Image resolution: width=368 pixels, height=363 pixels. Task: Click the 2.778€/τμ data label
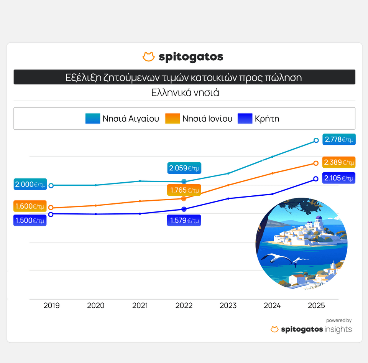coord(339,140)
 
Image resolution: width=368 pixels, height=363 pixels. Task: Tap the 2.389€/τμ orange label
coord(339,162)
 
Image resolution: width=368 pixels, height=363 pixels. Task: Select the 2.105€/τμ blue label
coord(339,178)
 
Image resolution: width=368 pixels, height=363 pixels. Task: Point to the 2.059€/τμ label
coord(184,168)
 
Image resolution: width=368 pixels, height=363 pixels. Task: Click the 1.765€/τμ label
coord(184,190)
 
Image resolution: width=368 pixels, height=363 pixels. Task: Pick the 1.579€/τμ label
coord(184,221)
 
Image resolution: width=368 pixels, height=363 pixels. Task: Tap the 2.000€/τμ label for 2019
coord(30,185)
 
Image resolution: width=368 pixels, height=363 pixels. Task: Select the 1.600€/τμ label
coord(30,206)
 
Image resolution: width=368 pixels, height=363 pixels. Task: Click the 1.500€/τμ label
coord(30,221)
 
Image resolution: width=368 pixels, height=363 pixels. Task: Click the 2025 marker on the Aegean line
coord(316,140)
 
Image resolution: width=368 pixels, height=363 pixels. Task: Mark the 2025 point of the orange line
coord(316,163)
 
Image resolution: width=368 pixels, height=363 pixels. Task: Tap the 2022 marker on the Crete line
coord(184,209)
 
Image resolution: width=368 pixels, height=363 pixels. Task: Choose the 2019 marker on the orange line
coord(51,208)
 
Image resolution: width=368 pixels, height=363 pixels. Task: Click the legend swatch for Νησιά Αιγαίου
coord(93,119)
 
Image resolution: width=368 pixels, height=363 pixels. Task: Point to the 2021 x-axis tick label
coord(140,306)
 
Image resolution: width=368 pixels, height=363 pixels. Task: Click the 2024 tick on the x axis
coord(272,306)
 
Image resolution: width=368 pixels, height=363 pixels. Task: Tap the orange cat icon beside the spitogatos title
coord(148,57)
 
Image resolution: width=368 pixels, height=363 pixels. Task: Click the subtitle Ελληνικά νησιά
coord(185,92)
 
